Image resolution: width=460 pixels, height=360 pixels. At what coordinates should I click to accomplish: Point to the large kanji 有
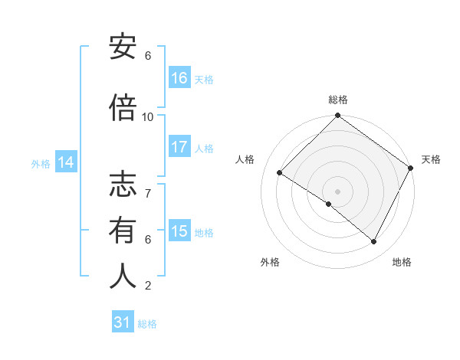[123, 230]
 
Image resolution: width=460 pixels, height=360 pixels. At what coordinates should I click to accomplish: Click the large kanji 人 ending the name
[123, 275]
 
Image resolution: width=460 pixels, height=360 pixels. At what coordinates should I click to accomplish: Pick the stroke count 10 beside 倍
[148, 116]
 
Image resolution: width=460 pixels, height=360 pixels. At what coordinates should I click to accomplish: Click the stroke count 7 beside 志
[148, 186]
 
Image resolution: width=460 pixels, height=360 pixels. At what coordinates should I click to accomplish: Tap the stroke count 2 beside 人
[148, 286]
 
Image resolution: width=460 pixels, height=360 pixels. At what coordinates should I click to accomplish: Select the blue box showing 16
[179, 77]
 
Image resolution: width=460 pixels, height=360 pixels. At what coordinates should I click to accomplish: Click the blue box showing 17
[179, 146]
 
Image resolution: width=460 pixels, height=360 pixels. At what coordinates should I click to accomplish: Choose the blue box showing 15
[179, 231]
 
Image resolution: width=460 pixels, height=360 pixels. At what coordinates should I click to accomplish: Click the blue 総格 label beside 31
[148, 324]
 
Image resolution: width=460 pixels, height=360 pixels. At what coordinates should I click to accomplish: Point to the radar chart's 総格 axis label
[338, 100]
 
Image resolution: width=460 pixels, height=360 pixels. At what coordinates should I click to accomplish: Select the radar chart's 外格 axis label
[270, 262]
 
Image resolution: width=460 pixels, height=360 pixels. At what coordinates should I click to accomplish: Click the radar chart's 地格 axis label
[402, 262]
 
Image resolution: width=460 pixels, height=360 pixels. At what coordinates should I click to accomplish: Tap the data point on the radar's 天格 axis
[411, 168]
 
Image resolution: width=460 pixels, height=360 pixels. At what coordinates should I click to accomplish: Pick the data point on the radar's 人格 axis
[280, 173]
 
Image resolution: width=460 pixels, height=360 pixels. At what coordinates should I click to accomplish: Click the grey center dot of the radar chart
[337, 191]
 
